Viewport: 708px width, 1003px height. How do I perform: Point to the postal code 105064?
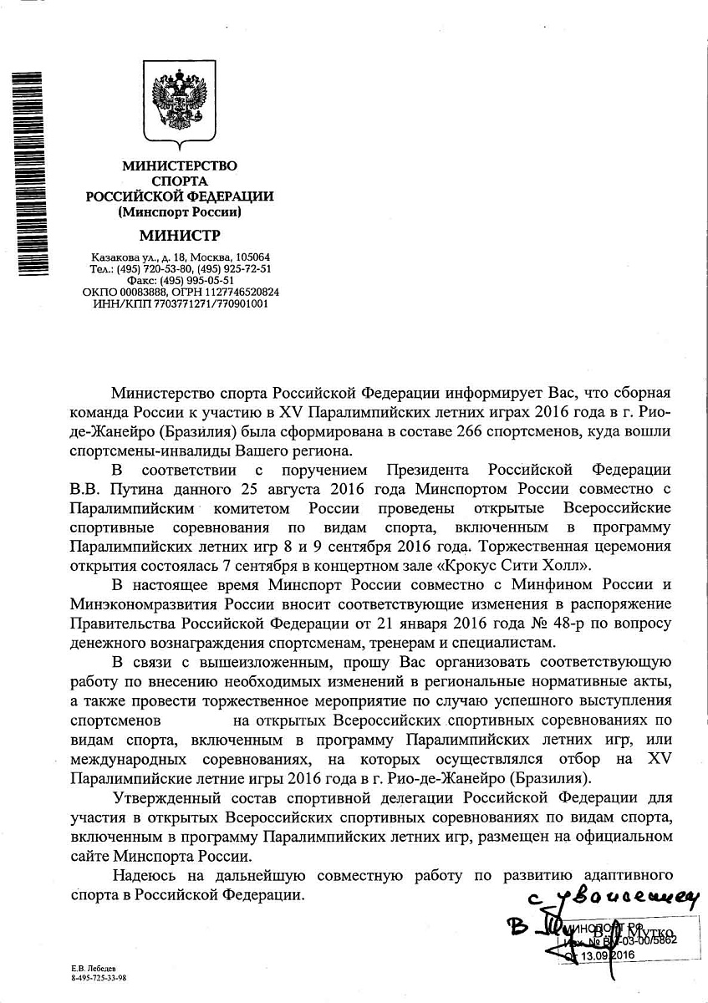(x=252, y=257)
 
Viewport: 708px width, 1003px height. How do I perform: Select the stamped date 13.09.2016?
(x=606, y=955)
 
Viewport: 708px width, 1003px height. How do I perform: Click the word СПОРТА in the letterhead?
(x=181, y=181)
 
